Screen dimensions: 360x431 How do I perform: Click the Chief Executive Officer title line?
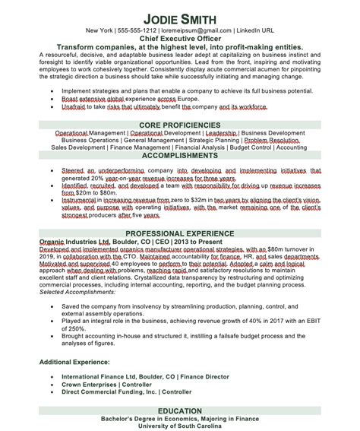click(181, 37)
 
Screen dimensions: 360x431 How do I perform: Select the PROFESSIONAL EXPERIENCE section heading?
click(181, 233)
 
